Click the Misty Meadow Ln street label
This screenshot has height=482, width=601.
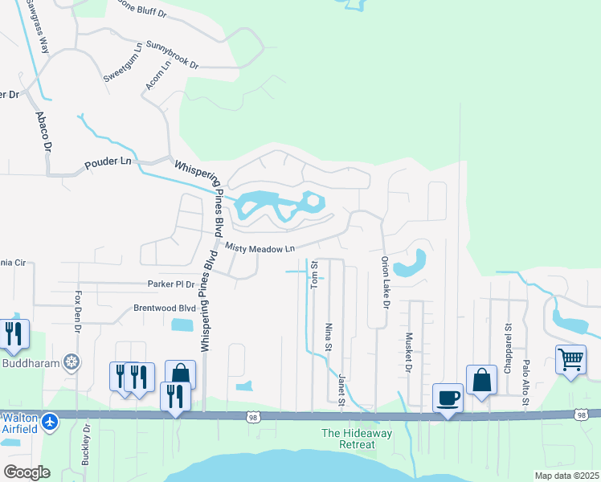tap(260, 249)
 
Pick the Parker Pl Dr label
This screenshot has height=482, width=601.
tap(171, 284)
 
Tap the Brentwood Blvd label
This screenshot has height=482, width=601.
tap(164, 308)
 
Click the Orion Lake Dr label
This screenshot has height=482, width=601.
tap(385, 283)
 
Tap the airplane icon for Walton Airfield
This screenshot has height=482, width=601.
tap(51, 420)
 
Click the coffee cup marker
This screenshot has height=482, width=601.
tap(448, 397)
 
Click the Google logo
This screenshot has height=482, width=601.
tap(27, 472)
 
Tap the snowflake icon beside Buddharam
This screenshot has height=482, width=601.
tap(73, 362)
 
